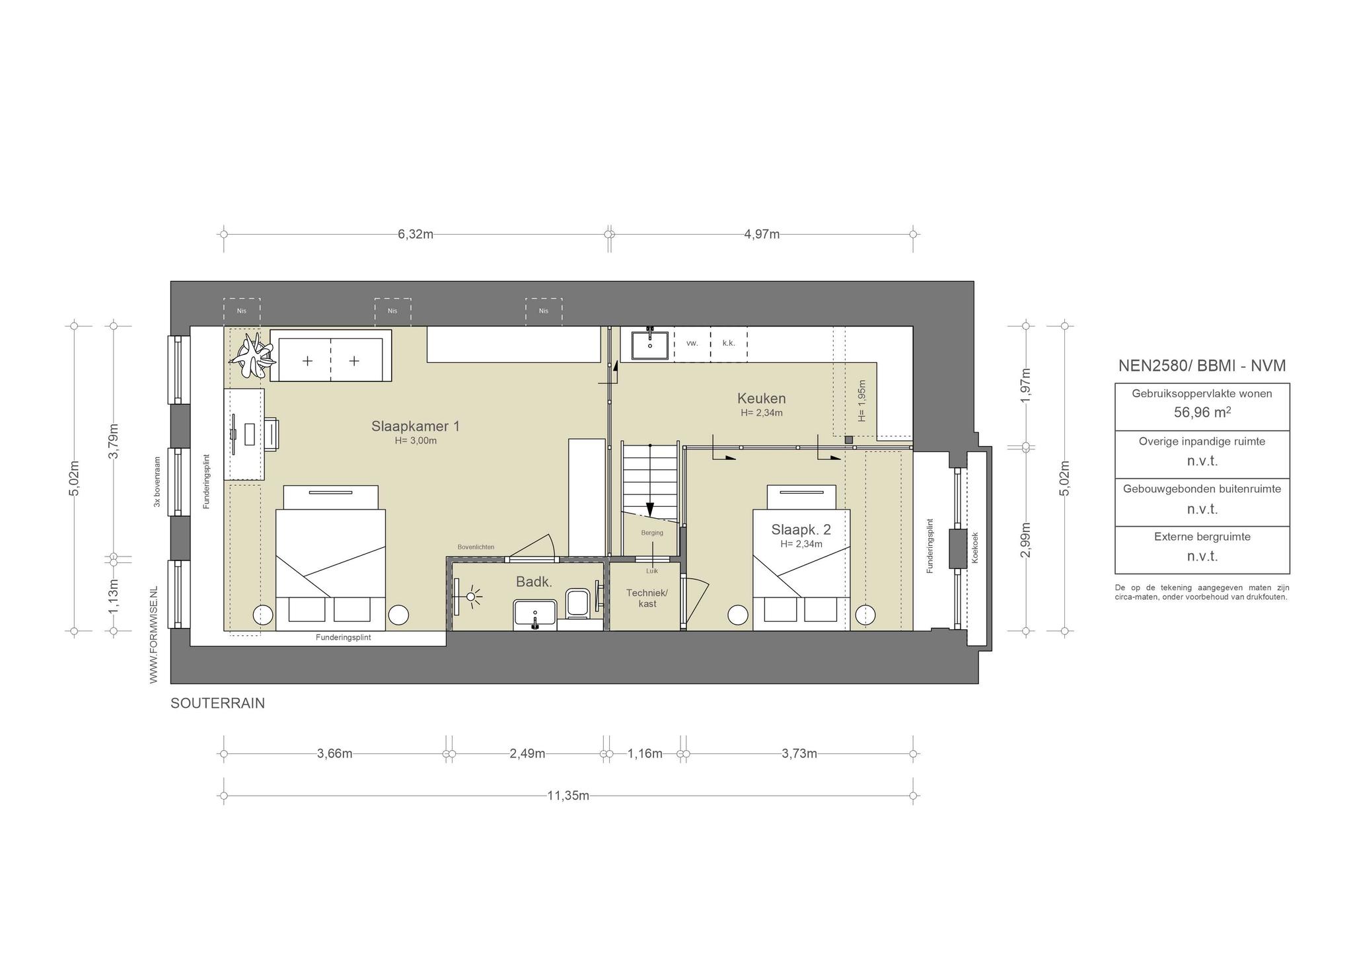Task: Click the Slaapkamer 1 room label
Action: pyautogui.click(x=415, y=426)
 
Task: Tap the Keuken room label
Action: pyautogui.click(x=761, y=399)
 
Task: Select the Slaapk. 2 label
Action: pyautogui.click(x=801, y=529)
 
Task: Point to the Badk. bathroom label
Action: pyautogui.click(x=534, y=582)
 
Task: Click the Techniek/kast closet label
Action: pyautogui.click(x=647, y=598)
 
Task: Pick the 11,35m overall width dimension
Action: pyautogui.click(x=568, y=795)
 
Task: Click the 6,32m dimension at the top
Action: pyautogui.click(x=416, y=234)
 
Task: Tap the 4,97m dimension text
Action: pyautogui.click(x=762, y=234)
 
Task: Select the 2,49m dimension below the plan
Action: pyautogui.click(x=527, y=753)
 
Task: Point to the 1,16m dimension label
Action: pyautogui.click(x=645, y=753)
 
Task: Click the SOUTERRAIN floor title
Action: pyautogui.click(x=217, y=703)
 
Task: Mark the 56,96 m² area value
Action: pyautogui.click(x=1202, y=412)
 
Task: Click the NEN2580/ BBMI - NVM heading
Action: pyautogui.click(x=1202, y=365)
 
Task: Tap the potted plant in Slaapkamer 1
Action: pyautogui.click(x=251, y=356)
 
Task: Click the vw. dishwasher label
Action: pyautogui.click(x=692, y=343)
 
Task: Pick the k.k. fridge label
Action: pyautogui.click(x=729, y=343)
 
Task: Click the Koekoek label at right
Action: pyautogui.click(x=975, y=548)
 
